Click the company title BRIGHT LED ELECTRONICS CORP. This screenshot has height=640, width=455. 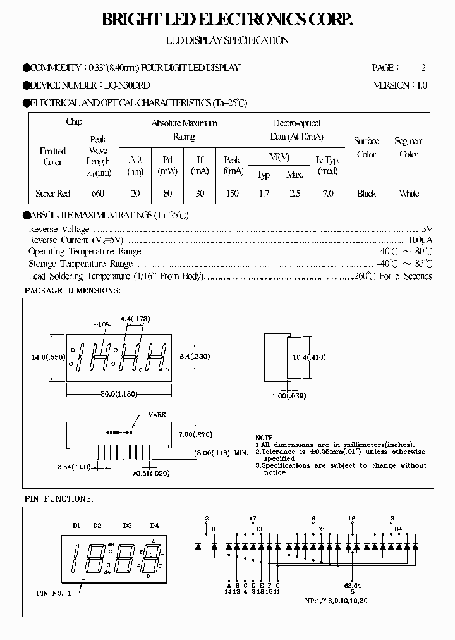point(227,21)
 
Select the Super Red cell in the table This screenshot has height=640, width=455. point(52,194)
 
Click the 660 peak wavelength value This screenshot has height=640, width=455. point(97,194)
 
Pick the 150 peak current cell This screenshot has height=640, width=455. point(232,194)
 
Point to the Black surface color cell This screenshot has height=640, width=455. point(366,194)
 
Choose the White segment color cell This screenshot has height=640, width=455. point(409,194)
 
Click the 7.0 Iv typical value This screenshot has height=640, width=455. point(327,194)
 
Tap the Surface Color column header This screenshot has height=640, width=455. point(366,148)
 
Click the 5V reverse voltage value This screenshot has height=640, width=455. point(427,229)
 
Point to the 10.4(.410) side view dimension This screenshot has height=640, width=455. point(308,357)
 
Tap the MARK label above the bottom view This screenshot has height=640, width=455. point(157,415)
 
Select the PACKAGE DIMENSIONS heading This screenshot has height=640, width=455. point(72,290)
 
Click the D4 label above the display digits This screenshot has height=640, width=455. point(154,526)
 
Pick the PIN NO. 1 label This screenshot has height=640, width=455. point(54,593)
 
